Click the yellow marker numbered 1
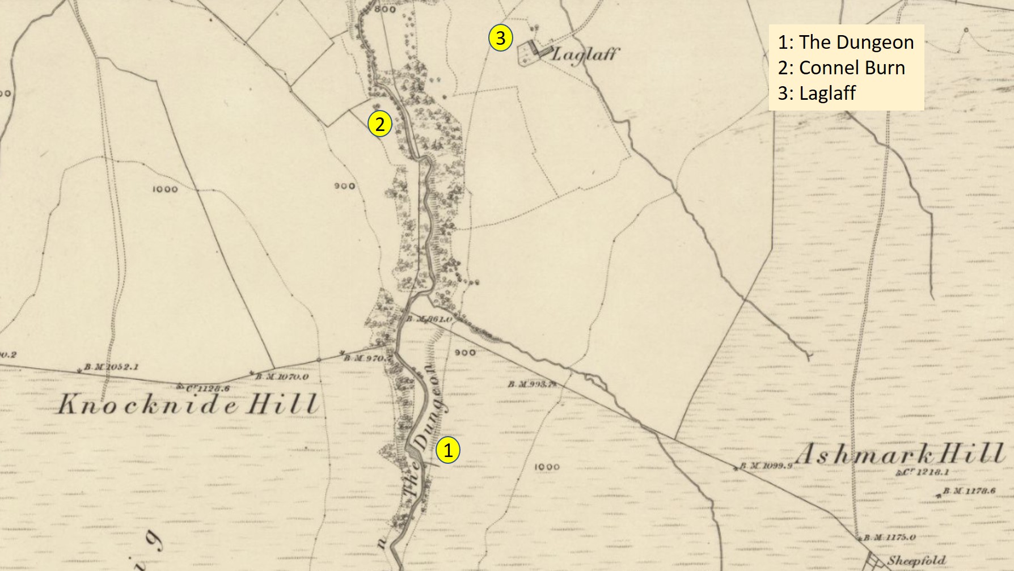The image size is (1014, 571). point(448,451)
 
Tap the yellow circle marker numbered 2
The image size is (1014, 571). point(379,124)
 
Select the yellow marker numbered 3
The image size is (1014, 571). point(500,38)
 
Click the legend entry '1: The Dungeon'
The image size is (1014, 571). point(845,42)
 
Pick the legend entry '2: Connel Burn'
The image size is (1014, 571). point(841,67)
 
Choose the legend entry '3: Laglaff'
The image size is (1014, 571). point(816,93)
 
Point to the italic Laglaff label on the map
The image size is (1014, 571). point(585,54)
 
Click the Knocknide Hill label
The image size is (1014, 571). point(187,404)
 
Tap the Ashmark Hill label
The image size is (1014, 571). point(899,454)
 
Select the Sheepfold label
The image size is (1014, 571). point(916,561)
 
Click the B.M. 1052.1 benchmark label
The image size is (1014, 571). point(111,367)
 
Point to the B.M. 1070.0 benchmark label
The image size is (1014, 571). point(281,377)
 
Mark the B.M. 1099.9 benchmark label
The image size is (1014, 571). point(766,466)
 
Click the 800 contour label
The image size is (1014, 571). point(385,9)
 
